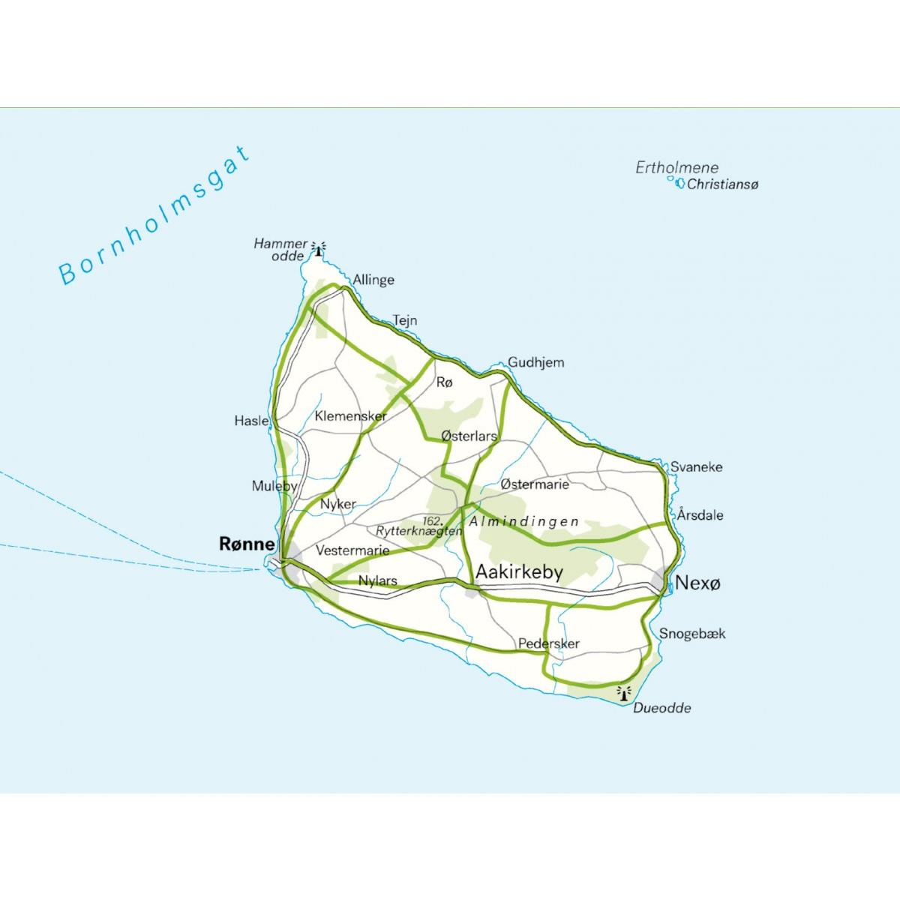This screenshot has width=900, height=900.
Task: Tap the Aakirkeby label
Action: coord(519,573)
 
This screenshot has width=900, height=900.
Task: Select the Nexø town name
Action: coord(697,583)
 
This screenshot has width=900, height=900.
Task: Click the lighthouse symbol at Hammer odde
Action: coord(321,248)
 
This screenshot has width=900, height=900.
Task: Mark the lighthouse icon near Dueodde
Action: coord(622,692)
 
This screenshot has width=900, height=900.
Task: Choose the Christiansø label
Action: coord(722,184)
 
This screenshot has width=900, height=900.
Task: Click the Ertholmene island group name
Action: coord(676,168)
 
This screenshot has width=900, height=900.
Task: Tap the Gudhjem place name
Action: coord(535,362)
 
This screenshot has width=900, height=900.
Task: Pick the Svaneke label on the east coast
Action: coord(696,466)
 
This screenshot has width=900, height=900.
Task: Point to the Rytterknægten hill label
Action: coord(419,531)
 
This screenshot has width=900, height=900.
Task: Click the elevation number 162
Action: coord(431,520)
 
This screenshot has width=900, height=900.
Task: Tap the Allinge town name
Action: coord(373,280)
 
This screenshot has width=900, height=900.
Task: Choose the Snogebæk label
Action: coord(692,634)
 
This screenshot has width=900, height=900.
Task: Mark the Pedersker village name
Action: coord(548,643)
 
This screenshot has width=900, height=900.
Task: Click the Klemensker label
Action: coord(350,415)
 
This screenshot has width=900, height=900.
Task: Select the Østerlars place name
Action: coord(469,436)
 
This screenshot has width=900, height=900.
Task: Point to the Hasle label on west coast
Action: coord(251,421)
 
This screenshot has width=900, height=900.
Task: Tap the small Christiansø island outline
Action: coord(680,182)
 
